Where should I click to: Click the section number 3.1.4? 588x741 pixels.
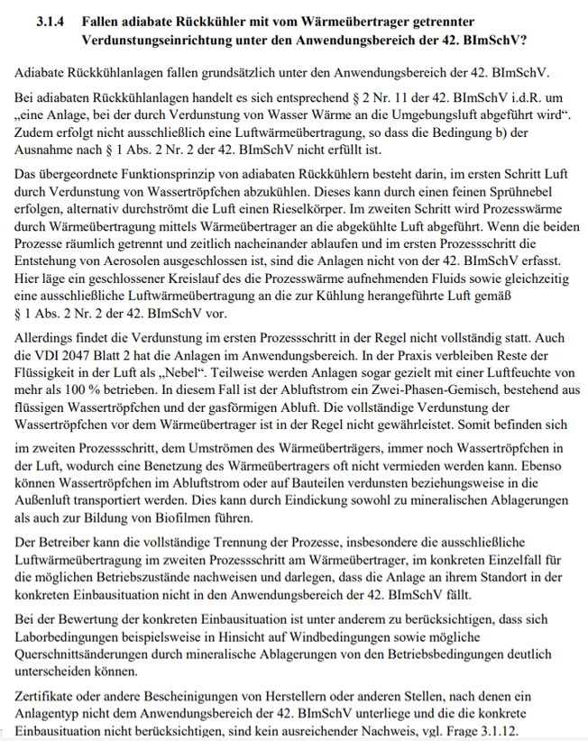pos(51,20)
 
